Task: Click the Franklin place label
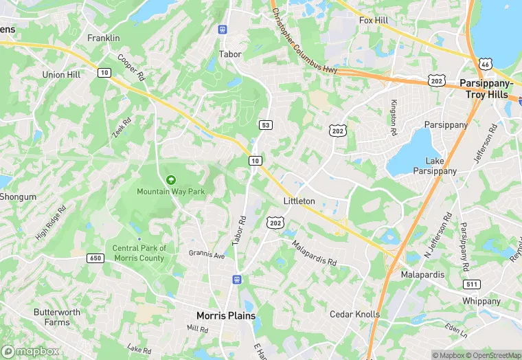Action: pos(104,38)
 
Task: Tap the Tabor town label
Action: pos(229,54)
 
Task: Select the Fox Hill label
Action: pos(374,21)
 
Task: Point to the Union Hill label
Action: pos(63,75)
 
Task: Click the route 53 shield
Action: pos(265,124)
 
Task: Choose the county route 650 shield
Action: pos(95,258)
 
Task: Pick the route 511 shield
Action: pos(472,285)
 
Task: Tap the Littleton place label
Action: pos(299,201)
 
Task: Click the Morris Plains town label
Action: pos(226,316)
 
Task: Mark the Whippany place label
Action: pos(481,301)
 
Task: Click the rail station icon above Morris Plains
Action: pos(237,280)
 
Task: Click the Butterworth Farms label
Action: pos(56,317)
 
